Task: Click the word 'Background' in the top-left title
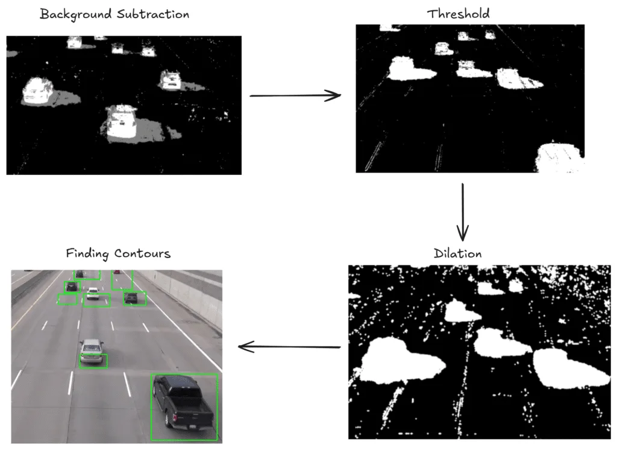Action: [75, 14]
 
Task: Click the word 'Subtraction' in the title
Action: [153, 14]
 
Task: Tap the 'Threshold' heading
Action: [459, 14]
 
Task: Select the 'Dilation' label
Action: [458, 253]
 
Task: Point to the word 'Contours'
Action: [142, 253]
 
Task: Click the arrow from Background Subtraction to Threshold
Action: [295, 95]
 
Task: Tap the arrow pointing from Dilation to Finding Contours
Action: [289, 347]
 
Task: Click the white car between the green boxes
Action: [93, 293]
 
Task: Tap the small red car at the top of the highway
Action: [117, 271]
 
